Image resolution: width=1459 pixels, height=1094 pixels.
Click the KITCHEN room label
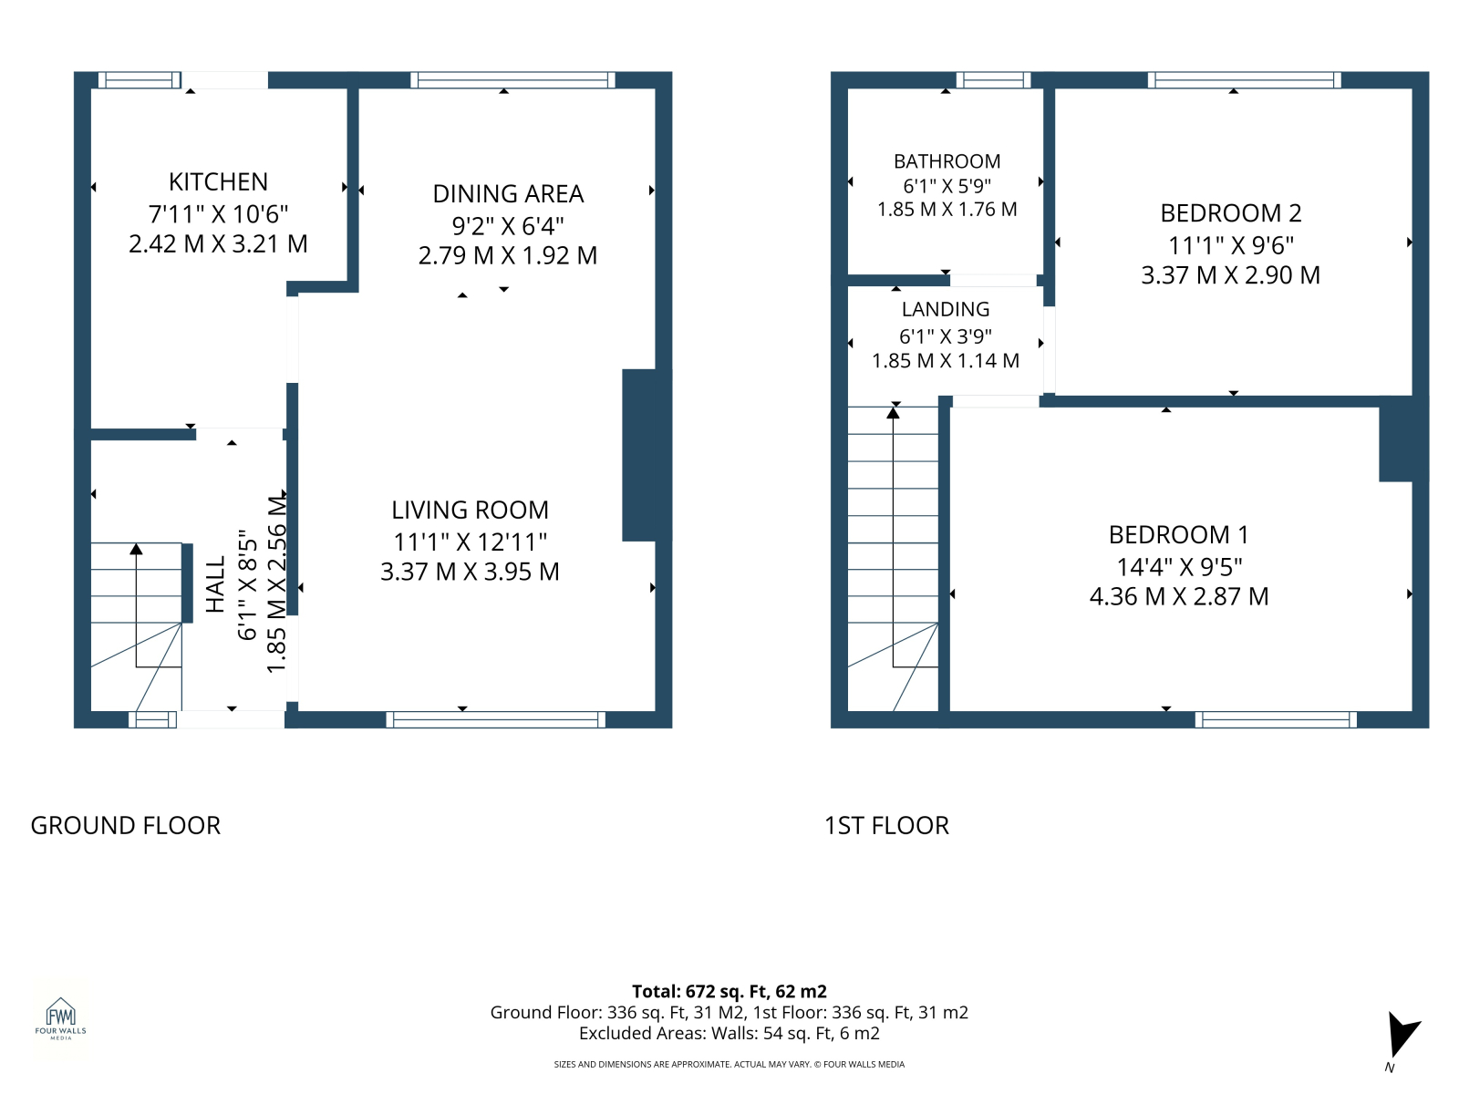pyautogui.click(x=218, y=181)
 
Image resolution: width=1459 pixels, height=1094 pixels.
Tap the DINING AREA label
pyautogui.click(x=508, y=194)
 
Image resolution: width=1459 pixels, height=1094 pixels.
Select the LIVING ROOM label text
pyautogui.click(x=470, y=511)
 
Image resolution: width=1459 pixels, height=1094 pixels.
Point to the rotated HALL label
pyautogui.click(x=215, y=583)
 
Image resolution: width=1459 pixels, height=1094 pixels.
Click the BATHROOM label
pyautogui.click(x=947, y=161)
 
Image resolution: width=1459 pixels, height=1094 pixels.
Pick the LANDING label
pyautogui.click(x=946, y=309)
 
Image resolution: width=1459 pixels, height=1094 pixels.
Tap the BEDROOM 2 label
pyautogui.click(x=1230, y=213)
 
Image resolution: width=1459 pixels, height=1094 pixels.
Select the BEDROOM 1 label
pyautogui.click(x=1178, y=535)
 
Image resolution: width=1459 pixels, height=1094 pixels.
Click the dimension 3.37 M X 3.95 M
pyautogui.click(x=470, y=572)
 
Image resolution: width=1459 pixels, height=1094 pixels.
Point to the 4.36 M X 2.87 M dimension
pyautogui.click(x=1178, y=596)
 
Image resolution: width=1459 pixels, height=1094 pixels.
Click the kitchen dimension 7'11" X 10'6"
pyautogui.click(x=218, y=214)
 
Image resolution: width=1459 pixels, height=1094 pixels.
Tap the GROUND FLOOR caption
pyautogui.click(x=125, y=826)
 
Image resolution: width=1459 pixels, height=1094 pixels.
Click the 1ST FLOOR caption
pyautogui.click(x=886, y=826)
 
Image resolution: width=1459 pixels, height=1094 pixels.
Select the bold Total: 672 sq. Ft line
pyautogui.click(x=729, y=992)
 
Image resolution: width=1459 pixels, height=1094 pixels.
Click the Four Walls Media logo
pyautogui.click(x=60, y=1018)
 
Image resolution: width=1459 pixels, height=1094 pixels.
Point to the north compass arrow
pyautogui.click(x=1402, y=1035)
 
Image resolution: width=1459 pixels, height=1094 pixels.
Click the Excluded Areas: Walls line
pyautogui.click(x=729, y=1034)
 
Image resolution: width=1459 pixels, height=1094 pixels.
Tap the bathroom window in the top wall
pyautogui.click(x=993, y=80)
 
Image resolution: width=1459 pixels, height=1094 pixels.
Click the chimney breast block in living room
pyautogui.click(x=647, y=455)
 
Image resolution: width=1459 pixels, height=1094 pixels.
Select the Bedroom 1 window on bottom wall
pyautogui.click(x=1276, y=720)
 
